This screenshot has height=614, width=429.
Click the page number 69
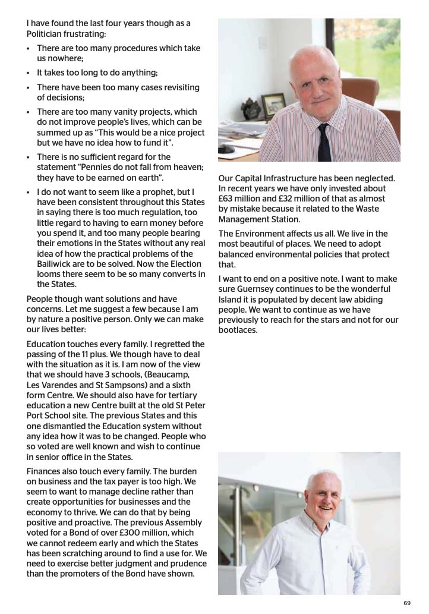click(406, 603)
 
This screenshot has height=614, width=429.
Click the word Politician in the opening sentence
click(46, 33)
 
